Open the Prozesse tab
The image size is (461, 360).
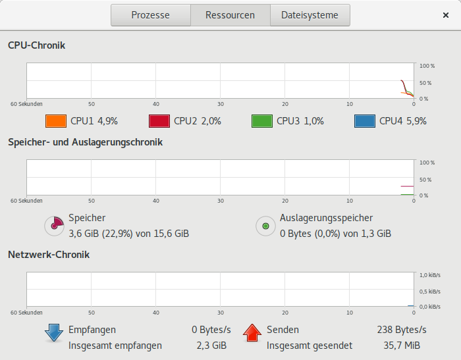coord(150,15)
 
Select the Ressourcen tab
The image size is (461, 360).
coord(230,15)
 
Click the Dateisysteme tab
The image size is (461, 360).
coord(310,15)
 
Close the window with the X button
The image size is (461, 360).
coord(446,15)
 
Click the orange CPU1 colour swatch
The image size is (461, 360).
coord(56,121)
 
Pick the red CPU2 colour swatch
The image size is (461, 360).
coord(159,121)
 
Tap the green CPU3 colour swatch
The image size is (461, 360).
coord(261,121)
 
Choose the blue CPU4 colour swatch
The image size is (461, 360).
coord(364,121)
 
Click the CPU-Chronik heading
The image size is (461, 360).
coord(36,45)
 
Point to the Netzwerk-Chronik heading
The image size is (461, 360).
coord(48,254)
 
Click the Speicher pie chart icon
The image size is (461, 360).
coord(54,226)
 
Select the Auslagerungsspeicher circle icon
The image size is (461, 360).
coord(265,226)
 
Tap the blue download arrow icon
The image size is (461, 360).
coord(54,333)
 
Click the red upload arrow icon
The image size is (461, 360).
coord(252,333)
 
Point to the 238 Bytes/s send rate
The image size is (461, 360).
coord(401,330)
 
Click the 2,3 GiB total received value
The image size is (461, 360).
coord(212,345)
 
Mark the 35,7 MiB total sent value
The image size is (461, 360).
coord(406,345)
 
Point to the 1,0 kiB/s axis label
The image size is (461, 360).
coord(431,275)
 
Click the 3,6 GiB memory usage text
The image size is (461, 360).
coord(128,233)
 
